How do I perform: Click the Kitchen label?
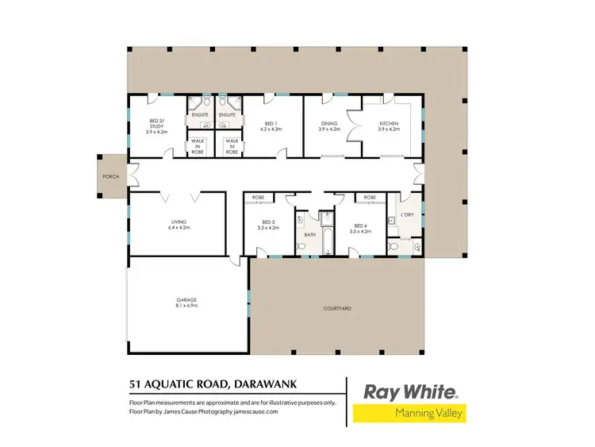[389, 125]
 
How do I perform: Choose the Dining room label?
[329, 125]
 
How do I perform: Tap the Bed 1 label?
[270, 125]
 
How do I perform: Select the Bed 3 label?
[267, 225]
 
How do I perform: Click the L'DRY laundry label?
[408, 214]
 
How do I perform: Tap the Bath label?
[310, 234]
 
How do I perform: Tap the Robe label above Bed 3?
[258, 197]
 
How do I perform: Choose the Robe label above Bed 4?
[370, 197]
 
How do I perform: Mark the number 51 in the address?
[136, 385]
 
